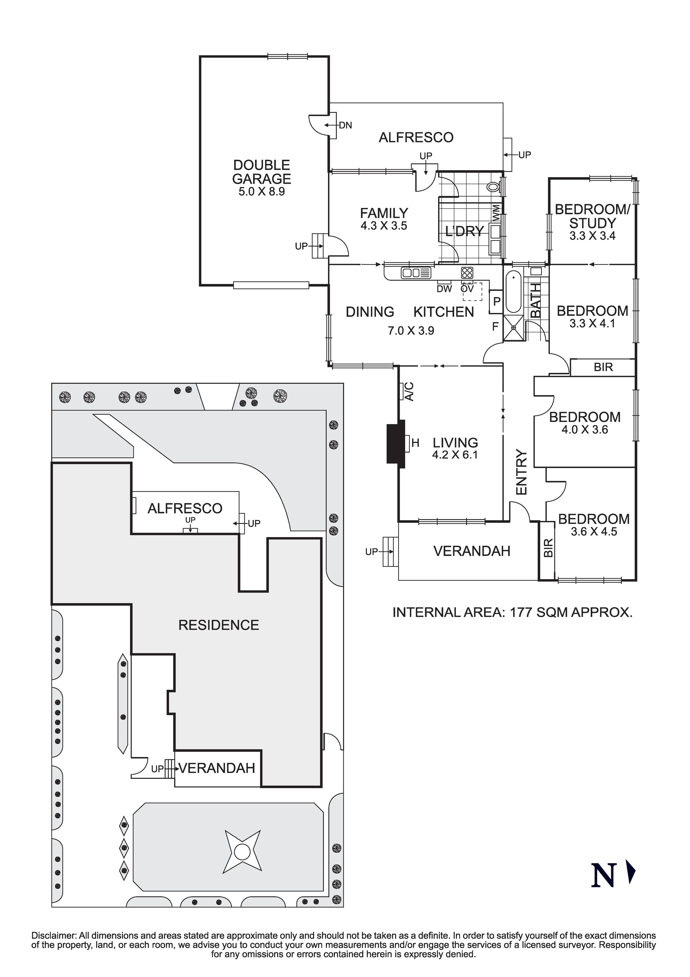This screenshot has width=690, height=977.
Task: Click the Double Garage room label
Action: pos(262,172)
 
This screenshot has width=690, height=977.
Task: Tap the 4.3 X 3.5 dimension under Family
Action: pos(384,226)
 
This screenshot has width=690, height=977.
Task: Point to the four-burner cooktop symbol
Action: pos(467,273)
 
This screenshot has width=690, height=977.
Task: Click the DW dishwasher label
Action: pos(444,289)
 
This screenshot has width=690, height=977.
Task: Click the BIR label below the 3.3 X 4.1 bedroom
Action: pos(603,367)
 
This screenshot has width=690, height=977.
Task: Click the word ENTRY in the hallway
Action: pos(522,472)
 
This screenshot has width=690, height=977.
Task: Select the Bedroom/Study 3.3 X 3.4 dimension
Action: pos(592,236)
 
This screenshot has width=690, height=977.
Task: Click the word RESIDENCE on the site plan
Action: pos(219,625)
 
